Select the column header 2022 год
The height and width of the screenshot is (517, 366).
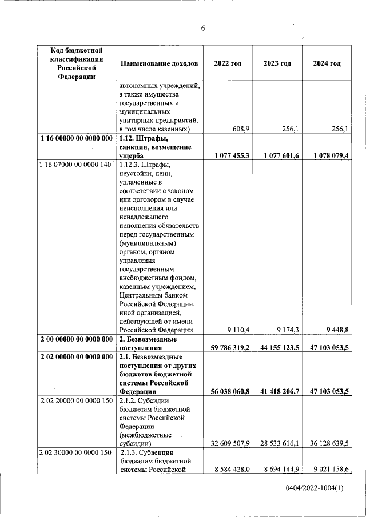(x=228, y=63)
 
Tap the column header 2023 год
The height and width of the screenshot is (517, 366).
(x=277, y=63)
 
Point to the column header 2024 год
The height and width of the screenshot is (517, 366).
(x=327, y=63)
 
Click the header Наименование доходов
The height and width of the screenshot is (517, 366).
(x=159, y=63)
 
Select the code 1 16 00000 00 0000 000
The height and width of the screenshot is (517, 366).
(x=77, y=139)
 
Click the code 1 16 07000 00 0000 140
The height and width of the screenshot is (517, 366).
(x=77, y=165)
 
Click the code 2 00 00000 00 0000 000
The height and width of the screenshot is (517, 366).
(x=77, y=339)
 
